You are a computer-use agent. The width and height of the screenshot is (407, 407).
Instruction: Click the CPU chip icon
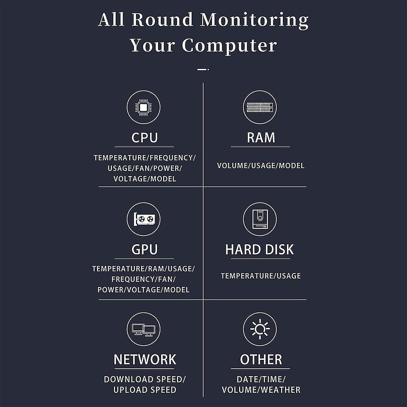pos(143,108)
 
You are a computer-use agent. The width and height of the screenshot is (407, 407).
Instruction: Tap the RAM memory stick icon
pos(260,108)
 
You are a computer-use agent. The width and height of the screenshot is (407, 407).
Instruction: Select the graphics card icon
pos(143,219)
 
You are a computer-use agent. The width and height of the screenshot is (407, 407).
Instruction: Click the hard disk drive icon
pos(260,219)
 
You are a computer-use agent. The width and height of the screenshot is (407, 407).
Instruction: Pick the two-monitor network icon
pos(143,329)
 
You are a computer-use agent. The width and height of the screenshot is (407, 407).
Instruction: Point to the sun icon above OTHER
pos(260,329)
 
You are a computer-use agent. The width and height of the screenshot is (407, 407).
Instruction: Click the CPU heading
pos(144,138)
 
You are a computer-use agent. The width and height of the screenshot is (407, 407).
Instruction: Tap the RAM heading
pos(260,138)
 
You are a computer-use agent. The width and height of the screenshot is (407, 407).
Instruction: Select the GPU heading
pos(144,250)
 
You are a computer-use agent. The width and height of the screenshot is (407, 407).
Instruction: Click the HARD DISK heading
pos(259,250)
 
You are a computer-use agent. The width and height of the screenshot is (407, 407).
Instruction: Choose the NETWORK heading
pos(145,360)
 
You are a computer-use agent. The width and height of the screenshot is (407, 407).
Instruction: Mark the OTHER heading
pos(261,360)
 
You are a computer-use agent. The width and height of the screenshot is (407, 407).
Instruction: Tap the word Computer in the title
pos(229,46)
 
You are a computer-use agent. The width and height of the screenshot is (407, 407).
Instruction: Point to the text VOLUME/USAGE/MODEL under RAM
pos(261,166)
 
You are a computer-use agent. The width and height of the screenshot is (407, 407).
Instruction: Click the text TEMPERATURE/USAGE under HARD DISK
pos(261,276)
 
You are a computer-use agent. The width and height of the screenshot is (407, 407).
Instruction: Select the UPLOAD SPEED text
pos(145,390)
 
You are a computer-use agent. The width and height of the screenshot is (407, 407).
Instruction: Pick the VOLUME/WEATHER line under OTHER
pos(261,390)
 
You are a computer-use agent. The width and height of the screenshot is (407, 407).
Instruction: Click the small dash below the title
pos(202,70)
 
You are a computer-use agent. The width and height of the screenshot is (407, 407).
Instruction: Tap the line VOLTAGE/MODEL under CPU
pos(145,179)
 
